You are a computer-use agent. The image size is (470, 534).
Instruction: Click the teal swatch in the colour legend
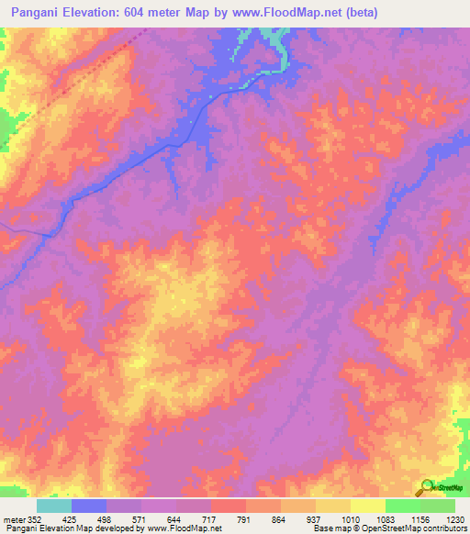tap(53, 506)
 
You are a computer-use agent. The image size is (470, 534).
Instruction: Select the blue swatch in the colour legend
tap(88, 506)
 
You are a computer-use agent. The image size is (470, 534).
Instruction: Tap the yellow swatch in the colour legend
tap(367, 506)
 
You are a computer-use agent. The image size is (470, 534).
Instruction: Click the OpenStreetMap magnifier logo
tap(427, 487)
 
